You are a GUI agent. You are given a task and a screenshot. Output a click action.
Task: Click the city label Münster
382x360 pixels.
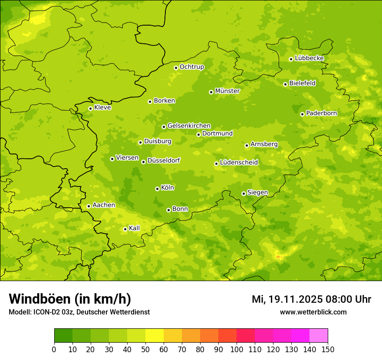pyautogui.click(x=227, y=91)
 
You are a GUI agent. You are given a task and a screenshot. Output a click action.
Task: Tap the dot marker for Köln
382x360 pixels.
pyautogui.click(x=157, y=189)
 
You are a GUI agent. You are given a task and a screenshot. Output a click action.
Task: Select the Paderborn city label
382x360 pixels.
pyautogui.click(x=321, y=113)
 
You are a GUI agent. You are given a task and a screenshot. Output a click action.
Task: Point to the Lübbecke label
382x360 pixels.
pyautogui.click(x=309, y=58)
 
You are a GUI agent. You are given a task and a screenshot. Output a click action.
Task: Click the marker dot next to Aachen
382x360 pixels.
pyautogui.click(x=89, y=206)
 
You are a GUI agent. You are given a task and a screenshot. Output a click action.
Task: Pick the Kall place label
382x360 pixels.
pyautogui.click(x=134, y=228)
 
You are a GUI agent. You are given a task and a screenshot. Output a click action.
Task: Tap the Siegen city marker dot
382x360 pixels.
pyautogui.click(x=244, y=193)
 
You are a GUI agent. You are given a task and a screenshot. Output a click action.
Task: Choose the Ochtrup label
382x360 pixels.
pyautogui.click(x=191, y=67)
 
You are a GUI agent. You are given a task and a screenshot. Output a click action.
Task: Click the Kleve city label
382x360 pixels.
pyautogui.click(x=102, y=108)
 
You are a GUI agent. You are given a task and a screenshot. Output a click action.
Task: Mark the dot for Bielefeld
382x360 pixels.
pyautogui.click(x=285, y=84)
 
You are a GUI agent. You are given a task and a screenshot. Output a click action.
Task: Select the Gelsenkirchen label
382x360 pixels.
pyautogui.click(x=189, y=126)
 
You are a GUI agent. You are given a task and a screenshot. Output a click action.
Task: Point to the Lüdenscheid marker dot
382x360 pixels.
pyautogui.click(x=216, y=164)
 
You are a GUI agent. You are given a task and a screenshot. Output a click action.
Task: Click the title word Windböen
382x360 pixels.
pyautogui.click(x=40, y=299)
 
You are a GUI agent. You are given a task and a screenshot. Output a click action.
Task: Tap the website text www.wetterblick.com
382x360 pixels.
pyautogui.click(x=313, y=312)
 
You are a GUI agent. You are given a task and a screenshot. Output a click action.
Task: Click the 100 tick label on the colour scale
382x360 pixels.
pyautogui.click(x=236, y=349)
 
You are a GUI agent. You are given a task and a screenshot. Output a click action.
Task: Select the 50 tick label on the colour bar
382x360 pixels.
pyautogui.click(x=145, y=349)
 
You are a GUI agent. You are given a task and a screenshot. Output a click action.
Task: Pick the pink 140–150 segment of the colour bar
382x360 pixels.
pyautogui.click(x=319, y=336)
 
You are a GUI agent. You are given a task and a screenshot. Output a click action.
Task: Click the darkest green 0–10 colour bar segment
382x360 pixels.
pyautogui.click(x=63, y=336)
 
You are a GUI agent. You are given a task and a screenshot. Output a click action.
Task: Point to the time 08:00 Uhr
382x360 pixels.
pyautogui.click(x=346, y=299)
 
